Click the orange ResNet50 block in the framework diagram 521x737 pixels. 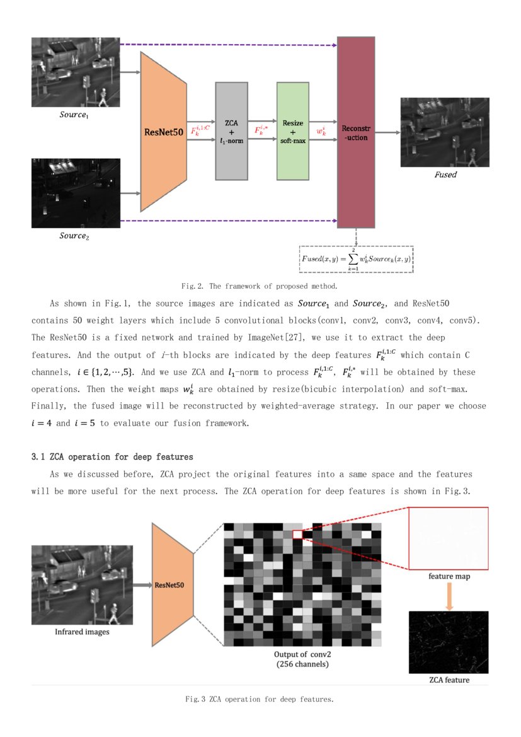point(163,132)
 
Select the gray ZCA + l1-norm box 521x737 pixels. point(231,131)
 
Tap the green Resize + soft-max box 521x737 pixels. point(293,131)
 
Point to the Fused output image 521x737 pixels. point(445,132)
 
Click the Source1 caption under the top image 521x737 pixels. point(75,115)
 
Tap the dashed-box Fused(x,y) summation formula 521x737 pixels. point(357,258)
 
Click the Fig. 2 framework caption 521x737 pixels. point(260,286)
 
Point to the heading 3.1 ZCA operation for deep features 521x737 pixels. point(112,456)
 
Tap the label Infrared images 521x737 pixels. point(83,631)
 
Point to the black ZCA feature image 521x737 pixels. point(449,642)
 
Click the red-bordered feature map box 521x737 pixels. point(448,538)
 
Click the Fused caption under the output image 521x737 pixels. point(445,175)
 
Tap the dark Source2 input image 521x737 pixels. point(76,193)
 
